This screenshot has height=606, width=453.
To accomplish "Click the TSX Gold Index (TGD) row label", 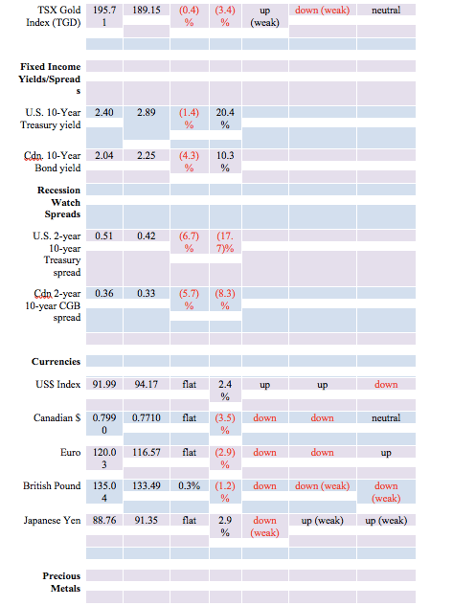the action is point(54,16).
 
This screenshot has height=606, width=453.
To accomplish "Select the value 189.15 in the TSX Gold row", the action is point(147,10).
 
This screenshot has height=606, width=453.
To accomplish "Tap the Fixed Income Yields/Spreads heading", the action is point(50,79).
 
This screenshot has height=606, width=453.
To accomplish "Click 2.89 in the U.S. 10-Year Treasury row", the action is point(147,112).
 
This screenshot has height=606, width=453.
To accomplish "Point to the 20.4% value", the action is point(225,119).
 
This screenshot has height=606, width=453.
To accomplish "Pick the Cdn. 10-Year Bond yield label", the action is point(52,162).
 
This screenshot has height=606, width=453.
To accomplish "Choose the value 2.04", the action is point(104,155).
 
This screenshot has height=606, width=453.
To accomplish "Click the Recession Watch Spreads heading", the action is point(58,202).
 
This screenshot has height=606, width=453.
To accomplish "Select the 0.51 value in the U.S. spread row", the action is point(104,236).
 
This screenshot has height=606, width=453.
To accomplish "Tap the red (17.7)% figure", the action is point(225,242).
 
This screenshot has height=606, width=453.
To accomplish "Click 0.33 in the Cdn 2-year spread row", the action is point(147,293).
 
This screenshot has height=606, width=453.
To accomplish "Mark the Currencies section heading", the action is point(57,361).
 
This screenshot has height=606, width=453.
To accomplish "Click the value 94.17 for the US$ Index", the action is point(147,385).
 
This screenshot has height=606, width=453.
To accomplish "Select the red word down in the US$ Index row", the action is point(386,385).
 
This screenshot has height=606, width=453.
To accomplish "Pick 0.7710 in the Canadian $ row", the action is point(147,417).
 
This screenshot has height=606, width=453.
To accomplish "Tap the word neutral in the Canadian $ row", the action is point(386,417).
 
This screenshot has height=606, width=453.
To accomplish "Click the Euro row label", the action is point(70,452).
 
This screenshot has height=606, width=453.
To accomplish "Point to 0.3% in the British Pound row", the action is point(189,485).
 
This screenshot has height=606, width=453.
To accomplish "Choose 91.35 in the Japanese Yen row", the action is point(147,520).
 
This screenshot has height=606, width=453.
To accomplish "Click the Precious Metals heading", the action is point(61,582).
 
